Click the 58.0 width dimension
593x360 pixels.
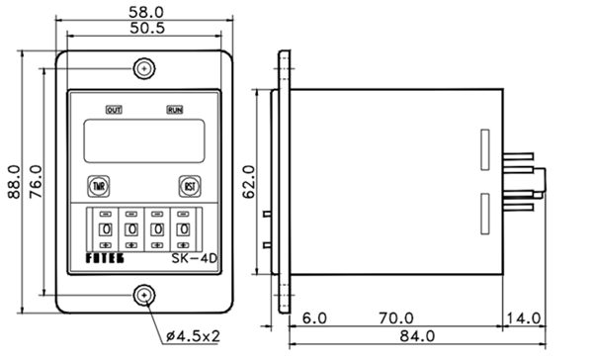[x=146, y=12]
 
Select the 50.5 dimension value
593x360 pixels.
[x=147, y=28]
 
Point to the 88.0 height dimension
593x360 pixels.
[x=15, y=182]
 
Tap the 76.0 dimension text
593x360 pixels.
[x=37, y=182]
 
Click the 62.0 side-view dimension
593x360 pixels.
[x=249, y=182]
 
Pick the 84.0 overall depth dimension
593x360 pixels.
[x=417, y=336]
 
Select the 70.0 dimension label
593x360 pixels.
[x=396, y=318]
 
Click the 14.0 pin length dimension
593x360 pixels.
[x=524, y=318]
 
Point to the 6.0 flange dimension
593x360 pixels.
[x=314, y=318]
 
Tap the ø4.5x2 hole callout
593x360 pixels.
[x=193, y=336]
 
